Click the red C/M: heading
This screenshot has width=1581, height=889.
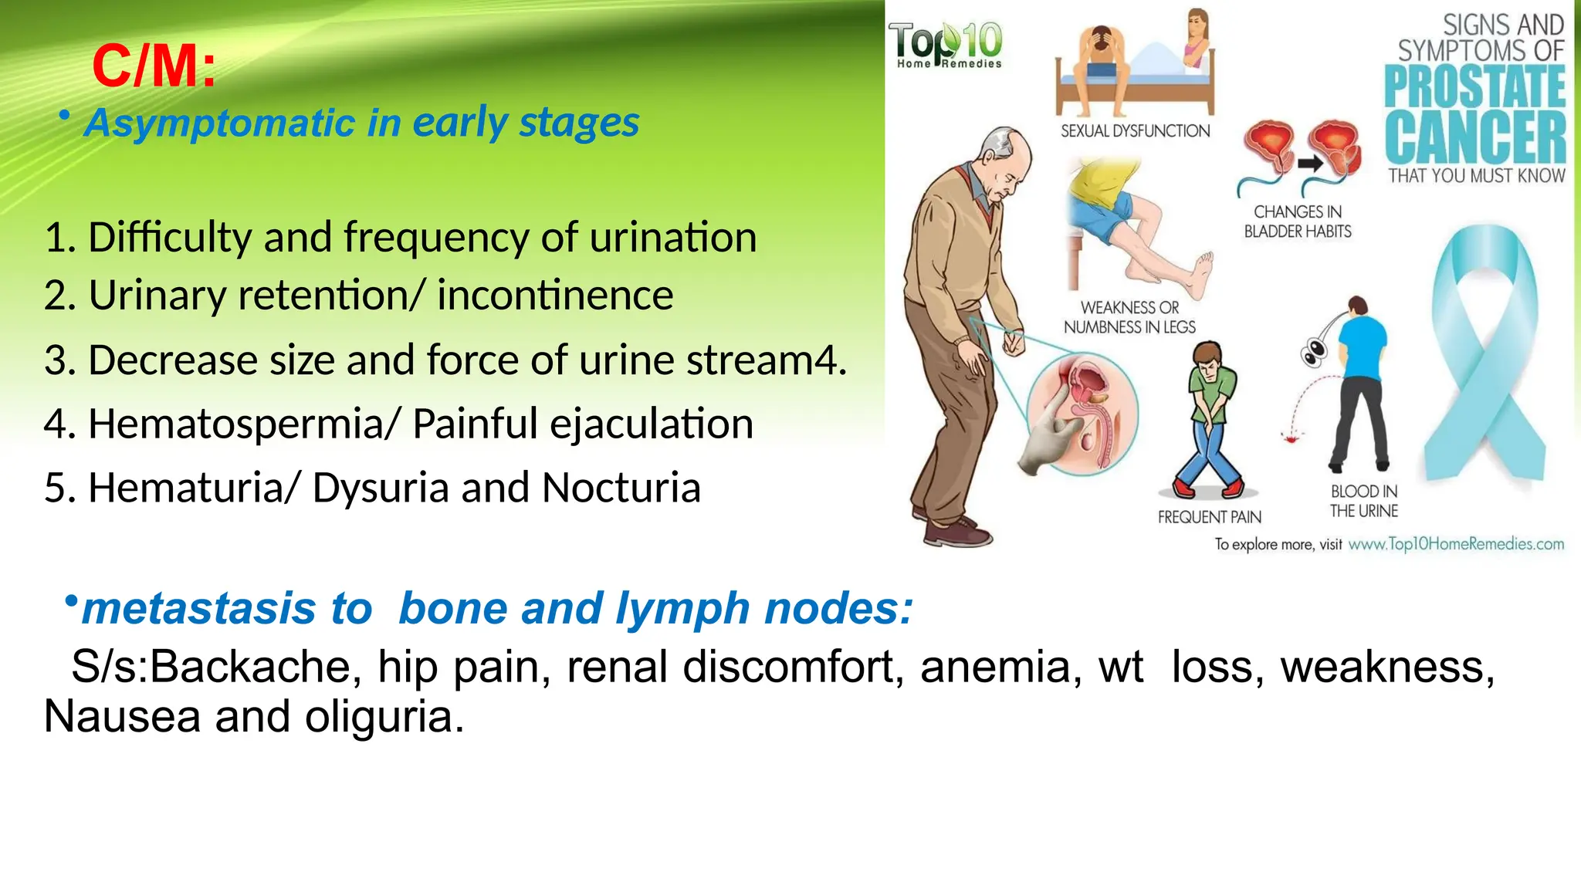154,66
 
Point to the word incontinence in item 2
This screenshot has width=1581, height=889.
555,296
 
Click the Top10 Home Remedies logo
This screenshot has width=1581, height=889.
946,45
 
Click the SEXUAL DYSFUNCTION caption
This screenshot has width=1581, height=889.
1135,131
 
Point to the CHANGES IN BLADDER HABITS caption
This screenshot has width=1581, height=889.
1298,221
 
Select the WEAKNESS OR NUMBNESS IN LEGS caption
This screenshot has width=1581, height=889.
1129,317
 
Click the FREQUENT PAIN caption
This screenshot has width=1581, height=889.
1209,517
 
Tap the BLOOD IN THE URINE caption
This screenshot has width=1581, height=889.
1363,501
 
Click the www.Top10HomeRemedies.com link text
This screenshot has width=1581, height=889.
1456,544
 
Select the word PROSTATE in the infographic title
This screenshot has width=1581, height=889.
1474,86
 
